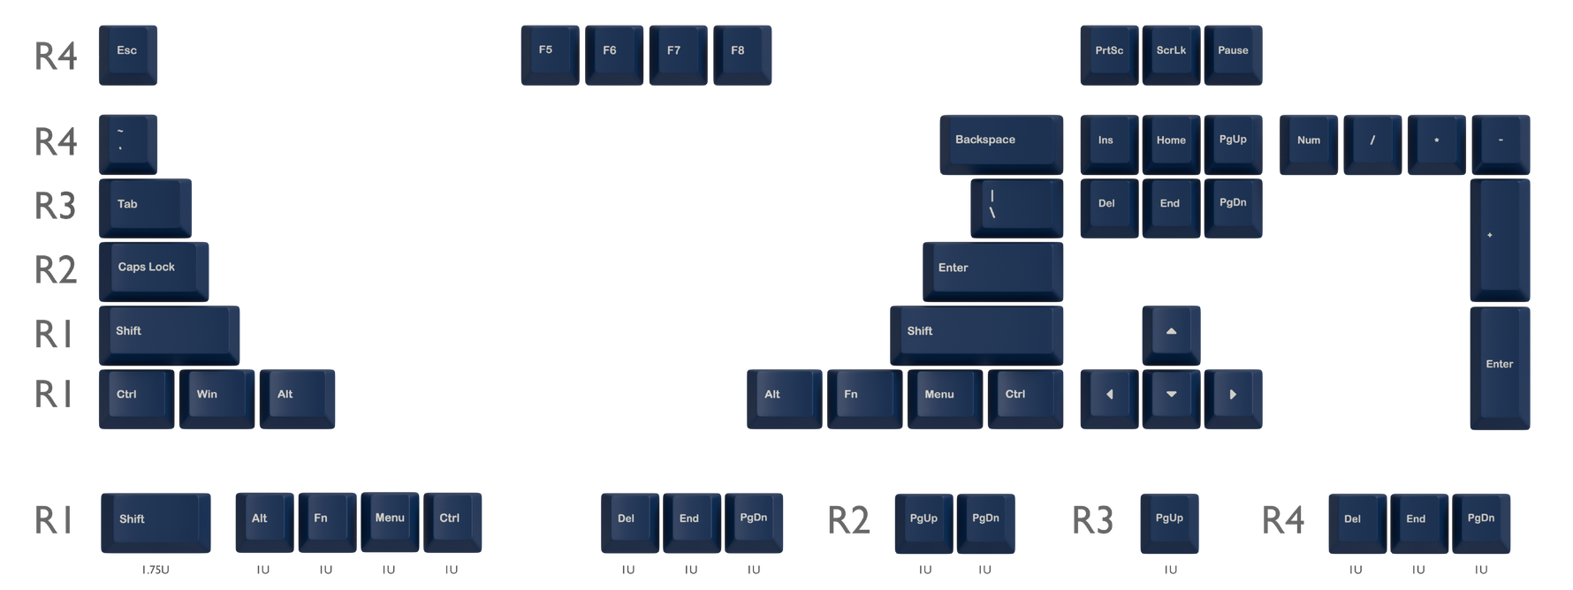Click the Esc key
128,55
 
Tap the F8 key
742,55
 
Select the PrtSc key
1109,55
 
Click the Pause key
1233,55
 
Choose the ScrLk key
1171,55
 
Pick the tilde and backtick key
128,144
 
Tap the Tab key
145,208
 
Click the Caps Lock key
154,272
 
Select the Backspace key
1001,144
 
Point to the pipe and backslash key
1016,208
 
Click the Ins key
1109,144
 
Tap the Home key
1171,144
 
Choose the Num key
1309,144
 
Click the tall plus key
1500,240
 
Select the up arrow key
1171,336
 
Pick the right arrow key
1233,399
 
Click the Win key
217,399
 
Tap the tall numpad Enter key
1500,368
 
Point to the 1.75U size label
156,570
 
